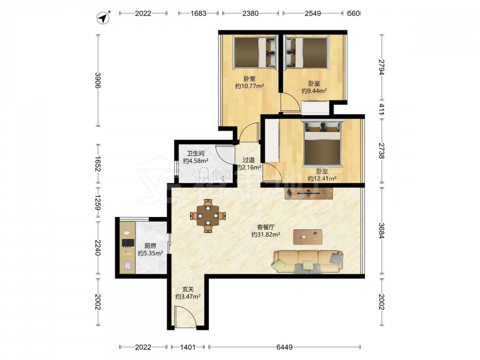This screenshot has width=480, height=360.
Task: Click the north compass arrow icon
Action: (104, 18)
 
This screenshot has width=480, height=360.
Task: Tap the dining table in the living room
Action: (208, 216)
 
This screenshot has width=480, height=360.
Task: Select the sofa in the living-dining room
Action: (308, 262)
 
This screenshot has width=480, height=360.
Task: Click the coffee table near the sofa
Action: (308, 237)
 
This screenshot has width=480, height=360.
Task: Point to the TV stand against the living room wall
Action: (309, 193)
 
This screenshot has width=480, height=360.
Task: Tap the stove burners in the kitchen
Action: (128, 243)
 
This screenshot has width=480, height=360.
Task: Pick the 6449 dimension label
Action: (284, 347)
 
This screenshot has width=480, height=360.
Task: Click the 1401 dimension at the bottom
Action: (187, 347)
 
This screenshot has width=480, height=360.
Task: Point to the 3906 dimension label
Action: (98, 80)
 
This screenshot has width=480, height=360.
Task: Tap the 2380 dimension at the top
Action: (251, 13)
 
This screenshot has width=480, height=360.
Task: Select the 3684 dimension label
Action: (382, 230)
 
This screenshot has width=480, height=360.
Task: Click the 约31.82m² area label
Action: (266, 235)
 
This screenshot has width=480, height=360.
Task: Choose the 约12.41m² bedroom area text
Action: (322, 179)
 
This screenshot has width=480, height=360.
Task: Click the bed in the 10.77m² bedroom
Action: (255, 52)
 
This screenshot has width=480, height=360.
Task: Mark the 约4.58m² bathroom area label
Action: (196, 161)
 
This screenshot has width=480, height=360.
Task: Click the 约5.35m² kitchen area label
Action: (150, 253)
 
